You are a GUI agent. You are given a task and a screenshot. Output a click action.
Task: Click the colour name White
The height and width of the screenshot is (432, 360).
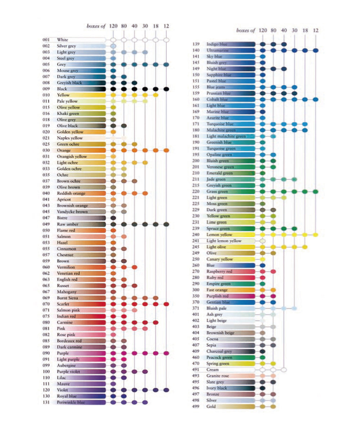click(x=62, y=40)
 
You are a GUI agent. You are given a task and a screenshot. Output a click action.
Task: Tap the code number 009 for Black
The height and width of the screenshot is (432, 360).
click(x=46, y=89)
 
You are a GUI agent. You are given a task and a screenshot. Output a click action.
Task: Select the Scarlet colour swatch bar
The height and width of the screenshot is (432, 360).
click(x=81, y=304)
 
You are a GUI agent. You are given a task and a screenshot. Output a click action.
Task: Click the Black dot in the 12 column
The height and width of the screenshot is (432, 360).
click(x=166, y=89)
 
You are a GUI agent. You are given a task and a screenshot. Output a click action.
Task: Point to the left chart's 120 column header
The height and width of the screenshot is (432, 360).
click(x=113, y=26)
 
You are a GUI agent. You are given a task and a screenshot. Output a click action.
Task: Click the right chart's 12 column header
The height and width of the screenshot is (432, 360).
click(x=316, y=31)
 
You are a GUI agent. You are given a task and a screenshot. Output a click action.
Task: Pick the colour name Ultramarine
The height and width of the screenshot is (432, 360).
click(x=218, y=50)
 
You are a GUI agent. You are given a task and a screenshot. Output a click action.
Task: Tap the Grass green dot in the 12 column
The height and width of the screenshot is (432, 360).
click(x=316, y=192)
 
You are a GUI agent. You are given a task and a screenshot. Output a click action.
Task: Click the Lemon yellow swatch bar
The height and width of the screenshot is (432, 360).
click(x=230, y=234)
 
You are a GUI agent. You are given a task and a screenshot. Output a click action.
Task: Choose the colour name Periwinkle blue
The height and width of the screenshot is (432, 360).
click(x=71, y=402)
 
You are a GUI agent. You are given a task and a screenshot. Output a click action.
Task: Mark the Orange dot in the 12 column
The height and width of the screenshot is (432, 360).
click(x=166, y=150)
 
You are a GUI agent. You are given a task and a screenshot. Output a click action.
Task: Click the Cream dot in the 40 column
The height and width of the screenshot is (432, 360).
click(x=284, y=370)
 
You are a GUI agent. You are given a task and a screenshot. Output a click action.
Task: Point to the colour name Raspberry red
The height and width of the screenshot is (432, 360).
click(x=219, y=271)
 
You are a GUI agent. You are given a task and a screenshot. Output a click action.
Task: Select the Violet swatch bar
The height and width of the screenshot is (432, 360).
click(x=81, y=390)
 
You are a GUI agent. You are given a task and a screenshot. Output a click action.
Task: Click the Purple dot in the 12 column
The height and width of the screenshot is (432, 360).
click(x=166, y=353)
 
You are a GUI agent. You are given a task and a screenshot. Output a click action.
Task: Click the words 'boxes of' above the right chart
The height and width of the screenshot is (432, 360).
click(x=246, y=31)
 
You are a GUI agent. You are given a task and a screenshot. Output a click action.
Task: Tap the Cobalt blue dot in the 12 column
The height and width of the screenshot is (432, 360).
click(x=316, y=99)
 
